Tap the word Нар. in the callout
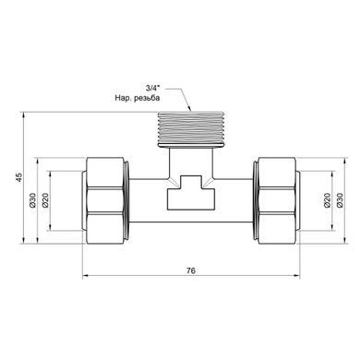[x=123, y=98]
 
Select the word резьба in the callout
[x=148, y=98]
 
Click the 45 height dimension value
[x=19, y=177]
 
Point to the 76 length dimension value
[x=191, y=270]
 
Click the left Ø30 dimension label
[x=32, y=200]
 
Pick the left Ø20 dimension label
[x=45, y=200]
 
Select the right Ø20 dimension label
[x=327, y=200]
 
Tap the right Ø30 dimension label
[x=340, y=200]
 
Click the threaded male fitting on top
[x=191, y=128]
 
